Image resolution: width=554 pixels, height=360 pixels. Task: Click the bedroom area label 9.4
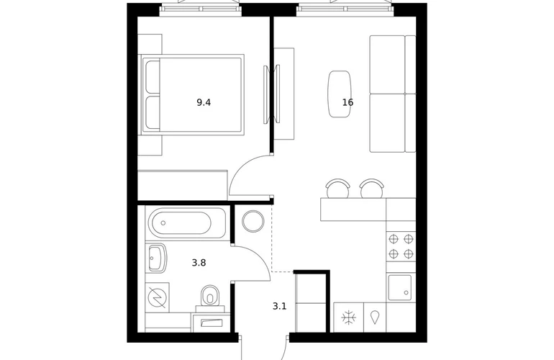point(204,102)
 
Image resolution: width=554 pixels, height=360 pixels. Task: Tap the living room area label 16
point(348,102)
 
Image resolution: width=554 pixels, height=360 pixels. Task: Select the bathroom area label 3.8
point(199,263)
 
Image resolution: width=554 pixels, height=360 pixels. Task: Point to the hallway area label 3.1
point(279,306)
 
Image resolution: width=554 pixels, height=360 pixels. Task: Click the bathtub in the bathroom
point(187,222)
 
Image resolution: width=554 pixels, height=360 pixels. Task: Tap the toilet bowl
point(210,297)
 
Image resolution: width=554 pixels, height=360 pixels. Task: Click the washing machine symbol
point(158,297)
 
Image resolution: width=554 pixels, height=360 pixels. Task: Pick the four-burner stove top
point(401,246)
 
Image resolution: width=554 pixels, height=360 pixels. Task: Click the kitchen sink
point(399,287)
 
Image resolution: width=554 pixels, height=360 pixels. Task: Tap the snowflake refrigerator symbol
point(349,318)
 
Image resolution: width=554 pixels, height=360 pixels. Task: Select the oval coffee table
point(340,94)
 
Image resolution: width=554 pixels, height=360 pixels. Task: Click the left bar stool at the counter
point(338,189)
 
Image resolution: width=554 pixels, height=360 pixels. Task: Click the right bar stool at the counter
point(372,189)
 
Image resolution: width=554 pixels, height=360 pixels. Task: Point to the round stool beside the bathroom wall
point(253,221)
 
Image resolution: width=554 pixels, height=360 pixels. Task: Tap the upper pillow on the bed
point(153,78)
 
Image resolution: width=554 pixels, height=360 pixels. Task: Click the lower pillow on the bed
point(153,112)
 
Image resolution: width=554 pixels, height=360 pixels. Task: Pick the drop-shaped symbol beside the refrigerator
point(375,318)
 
